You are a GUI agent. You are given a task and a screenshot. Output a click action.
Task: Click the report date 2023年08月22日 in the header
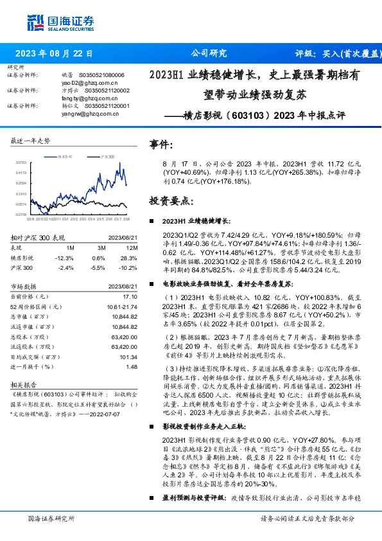(x=54, y=53)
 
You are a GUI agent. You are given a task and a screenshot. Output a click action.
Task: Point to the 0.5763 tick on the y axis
(x=20, y=163)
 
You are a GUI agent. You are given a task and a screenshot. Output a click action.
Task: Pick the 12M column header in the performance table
(x=133, y=247)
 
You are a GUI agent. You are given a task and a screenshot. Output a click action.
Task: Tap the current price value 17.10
(x=131, y=296)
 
